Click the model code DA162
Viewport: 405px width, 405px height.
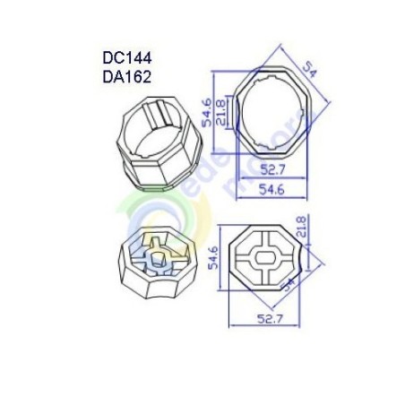pyautogui.click(x=127, y=77)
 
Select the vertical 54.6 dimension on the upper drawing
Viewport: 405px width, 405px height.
pyautogui.click(x=207, y=116)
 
